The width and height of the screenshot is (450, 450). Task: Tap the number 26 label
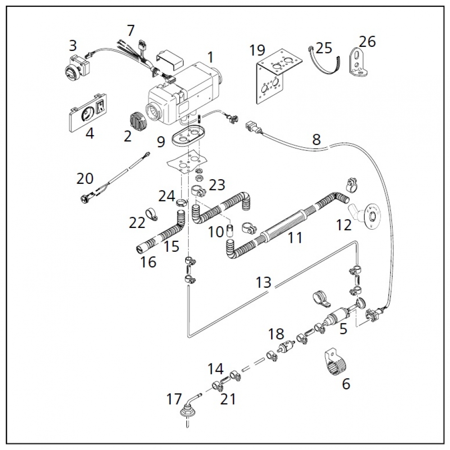tap(367, 42)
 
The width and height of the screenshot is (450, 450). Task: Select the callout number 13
tap(264, 283)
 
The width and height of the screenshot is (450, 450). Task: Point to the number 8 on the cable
tap(316, 140)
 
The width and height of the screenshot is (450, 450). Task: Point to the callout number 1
tap(210, 57)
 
